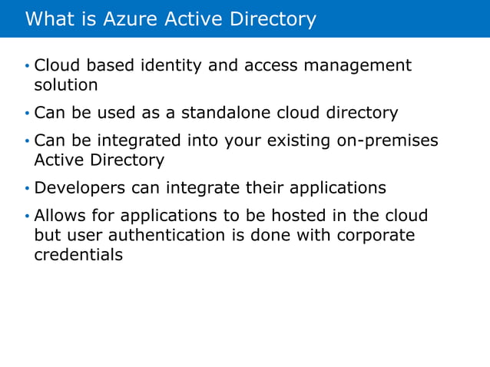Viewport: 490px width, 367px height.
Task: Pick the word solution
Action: click(x=66, y=84)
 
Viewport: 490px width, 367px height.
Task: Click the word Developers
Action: click(x=81, y=188)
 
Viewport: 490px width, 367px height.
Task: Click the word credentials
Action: click(x=78, y=254)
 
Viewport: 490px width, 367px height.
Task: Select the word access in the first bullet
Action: click(x=271, y=66)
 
